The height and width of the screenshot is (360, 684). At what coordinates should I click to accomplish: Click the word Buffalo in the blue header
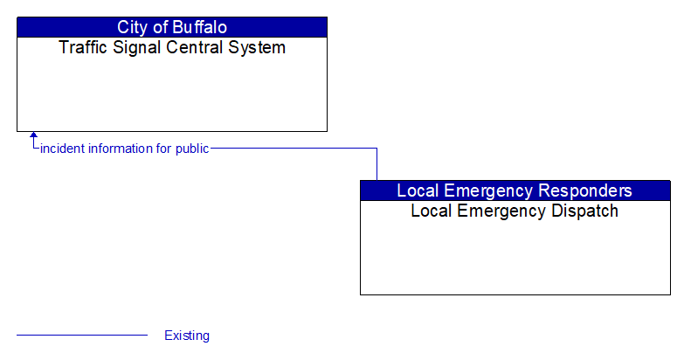(197, 27)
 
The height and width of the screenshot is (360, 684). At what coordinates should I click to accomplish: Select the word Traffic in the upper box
(81, 48)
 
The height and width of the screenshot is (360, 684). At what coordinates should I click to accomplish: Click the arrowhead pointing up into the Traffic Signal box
(33, 136)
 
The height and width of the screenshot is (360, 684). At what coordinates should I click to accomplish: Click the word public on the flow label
(192, 149)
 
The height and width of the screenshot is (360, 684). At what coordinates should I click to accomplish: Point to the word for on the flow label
(163, 149)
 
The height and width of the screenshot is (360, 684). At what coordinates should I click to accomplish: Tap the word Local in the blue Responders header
(418, 190)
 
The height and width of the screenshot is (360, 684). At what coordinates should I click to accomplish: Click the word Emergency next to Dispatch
(499, 211)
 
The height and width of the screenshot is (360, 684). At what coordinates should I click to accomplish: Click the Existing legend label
(187, 336)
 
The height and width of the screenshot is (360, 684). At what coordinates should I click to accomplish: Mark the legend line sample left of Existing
(82, 336)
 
